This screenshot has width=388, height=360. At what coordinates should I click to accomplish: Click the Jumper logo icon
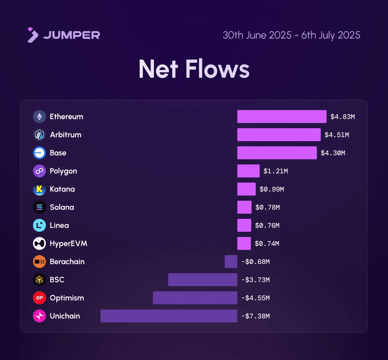[x=33, y=35]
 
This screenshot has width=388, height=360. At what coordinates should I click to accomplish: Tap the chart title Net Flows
[x=194, y=69]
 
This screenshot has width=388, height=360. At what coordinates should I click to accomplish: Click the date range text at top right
[x=291, y=35]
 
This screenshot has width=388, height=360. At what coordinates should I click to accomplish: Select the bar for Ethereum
[x=282, y=117]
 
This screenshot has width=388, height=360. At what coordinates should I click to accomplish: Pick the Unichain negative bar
[x=169, y=316]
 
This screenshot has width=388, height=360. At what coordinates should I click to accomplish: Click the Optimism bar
[x=195, y=298]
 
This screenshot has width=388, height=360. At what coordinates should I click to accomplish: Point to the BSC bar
[x=202, y=280]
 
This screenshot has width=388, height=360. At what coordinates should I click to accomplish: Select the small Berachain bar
[x=231, y=262]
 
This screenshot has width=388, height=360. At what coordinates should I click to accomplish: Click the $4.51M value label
[x=337, y=135]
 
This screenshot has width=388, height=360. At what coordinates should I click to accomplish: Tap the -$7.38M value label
[x=255, y=316]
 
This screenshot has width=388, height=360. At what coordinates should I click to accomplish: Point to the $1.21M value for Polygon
[x=275, y=171]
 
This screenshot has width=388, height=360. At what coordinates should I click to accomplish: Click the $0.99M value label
[x=272, y=189]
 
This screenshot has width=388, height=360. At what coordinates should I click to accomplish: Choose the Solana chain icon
[x=39, y=207]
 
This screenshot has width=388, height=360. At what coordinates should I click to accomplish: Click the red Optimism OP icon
[x=39, y=298]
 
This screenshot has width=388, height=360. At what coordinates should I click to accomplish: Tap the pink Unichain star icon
[x=39, y=316]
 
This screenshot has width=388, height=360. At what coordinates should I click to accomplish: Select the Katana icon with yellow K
[x=39, y=189]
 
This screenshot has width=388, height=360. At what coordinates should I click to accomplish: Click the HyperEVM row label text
[x=68, y=243]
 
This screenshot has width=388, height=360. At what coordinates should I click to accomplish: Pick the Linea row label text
[x=59, y=225]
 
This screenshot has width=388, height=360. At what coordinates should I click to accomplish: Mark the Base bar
[x=277, y=153]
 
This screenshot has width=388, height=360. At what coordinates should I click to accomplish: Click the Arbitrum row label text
[x=66, y=135]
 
